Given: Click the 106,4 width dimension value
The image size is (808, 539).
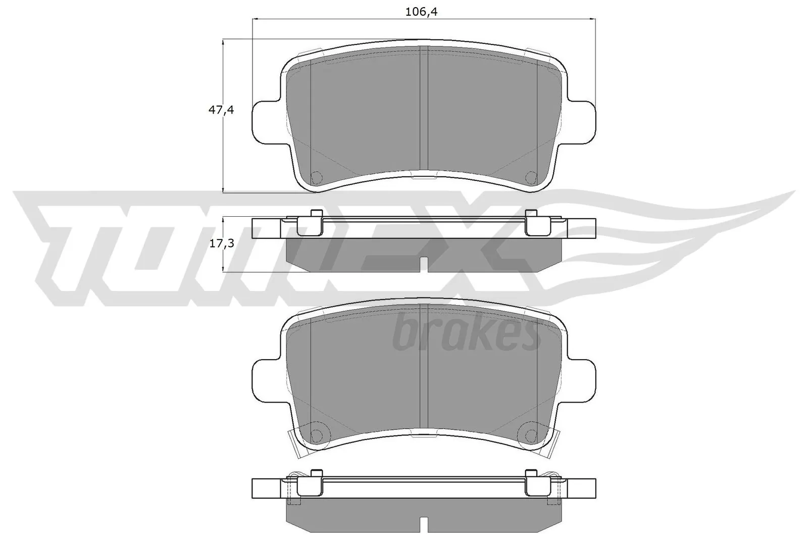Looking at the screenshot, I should pos(421,12).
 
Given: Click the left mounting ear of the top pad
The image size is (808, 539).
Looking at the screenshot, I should pos(264,121).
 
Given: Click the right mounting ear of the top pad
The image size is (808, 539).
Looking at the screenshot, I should pos(582,121).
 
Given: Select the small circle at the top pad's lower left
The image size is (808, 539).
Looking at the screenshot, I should pos(317,177).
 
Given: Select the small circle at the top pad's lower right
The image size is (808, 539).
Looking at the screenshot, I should pos(531,177).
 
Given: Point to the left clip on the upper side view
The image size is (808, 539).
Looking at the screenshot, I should pos(311,223).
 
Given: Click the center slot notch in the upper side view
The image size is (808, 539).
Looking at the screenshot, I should pos(425,264).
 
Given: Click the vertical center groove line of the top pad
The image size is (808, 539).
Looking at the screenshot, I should pos(424,111).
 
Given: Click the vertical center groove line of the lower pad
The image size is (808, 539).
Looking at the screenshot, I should pos(424,369).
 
